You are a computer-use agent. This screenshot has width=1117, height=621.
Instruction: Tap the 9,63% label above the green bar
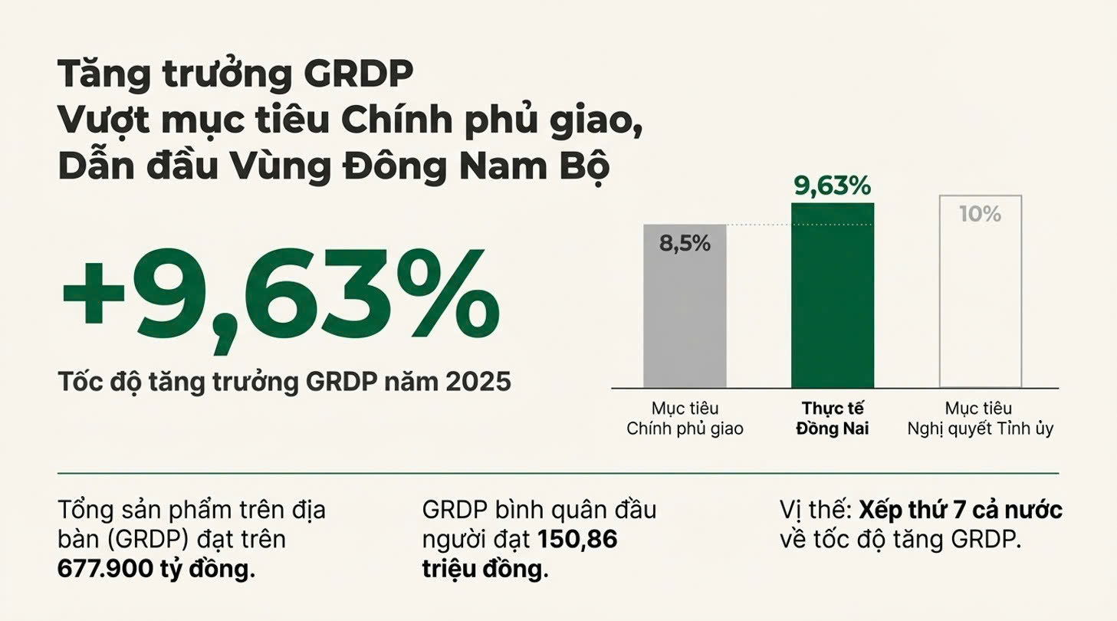coord(833,186)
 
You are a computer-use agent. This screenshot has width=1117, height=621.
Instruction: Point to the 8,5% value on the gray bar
coord(685,244)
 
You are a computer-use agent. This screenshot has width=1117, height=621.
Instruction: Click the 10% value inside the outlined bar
coord(981,214)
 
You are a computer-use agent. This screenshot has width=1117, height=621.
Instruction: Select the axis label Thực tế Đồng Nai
coord(833,419)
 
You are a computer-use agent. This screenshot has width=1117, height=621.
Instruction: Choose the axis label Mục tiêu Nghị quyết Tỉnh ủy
coord(981,419)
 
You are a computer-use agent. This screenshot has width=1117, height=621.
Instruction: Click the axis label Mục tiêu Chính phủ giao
coord(685,419)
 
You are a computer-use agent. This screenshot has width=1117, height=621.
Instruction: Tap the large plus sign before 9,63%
coord(94,298)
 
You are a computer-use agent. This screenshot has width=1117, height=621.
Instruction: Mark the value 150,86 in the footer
coord(577,540)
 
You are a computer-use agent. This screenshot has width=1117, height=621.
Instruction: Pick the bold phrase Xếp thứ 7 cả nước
coord(961,511)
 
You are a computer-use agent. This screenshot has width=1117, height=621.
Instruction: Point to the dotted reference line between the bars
coord(759,225)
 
